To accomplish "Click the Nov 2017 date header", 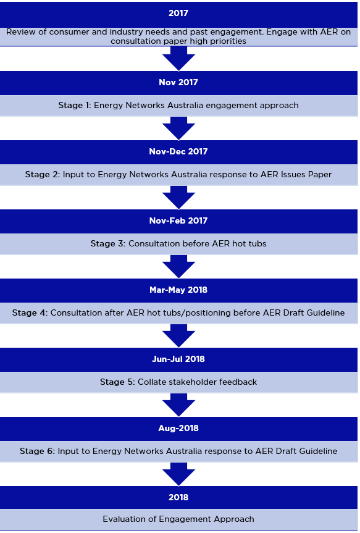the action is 178,83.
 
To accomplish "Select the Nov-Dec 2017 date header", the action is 178,151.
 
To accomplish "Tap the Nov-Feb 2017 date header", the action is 178,221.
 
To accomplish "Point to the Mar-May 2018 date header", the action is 178,290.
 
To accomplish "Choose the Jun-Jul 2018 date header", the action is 178,359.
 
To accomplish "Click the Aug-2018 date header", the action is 178,428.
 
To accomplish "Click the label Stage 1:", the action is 75,106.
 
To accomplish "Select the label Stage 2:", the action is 43,175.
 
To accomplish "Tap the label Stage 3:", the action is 108,244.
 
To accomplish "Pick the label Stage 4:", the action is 30,313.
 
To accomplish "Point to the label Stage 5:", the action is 117,382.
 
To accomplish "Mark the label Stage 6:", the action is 38,451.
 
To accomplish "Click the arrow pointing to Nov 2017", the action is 178,59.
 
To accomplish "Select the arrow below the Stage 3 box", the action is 178,266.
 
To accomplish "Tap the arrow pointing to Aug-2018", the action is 178,405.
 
